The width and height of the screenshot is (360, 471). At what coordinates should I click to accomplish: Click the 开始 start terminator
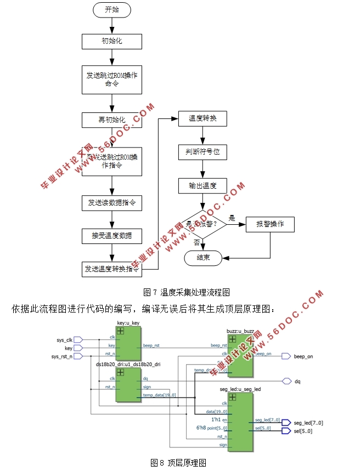(x=112, y=10)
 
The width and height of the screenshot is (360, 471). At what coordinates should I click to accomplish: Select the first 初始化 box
(x=112, y=41)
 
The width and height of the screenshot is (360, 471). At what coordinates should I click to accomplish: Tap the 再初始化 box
(x=112, y=120)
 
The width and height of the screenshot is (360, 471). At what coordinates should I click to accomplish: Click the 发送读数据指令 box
(x=112, y=203)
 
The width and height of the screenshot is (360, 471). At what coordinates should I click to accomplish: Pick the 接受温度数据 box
(x=112, y=236)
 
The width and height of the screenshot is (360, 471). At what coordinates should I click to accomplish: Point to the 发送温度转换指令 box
(x=112, y=269)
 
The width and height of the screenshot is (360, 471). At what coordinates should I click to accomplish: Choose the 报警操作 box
(x=271, y=224)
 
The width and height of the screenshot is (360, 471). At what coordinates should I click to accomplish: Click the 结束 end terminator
(x=203, y=257)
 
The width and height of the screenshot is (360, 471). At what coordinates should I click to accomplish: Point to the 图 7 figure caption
(x=186, y=292)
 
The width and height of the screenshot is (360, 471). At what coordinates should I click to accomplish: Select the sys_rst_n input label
(x=62, y=356)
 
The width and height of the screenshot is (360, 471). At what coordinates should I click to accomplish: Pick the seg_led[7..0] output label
(x=308, y=422)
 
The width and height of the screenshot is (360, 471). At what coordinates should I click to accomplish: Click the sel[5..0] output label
(x=303, y=431)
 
